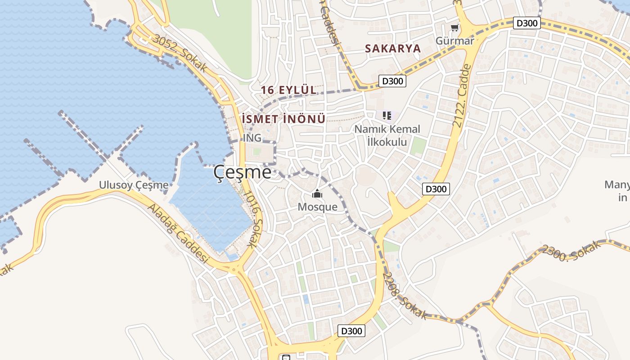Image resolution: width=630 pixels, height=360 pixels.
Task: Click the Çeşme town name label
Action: [x=242, y=172]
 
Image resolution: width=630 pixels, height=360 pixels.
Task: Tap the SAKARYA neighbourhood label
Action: [x=392, y=49]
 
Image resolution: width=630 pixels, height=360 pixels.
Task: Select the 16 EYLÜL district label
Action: [x=288, y=90]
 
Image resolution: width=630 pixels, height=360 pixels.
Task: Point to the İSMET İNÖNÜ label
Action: [x=283, y=119]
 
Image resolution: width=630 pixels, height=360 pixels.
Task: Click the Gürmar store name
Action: [x=454, y=41]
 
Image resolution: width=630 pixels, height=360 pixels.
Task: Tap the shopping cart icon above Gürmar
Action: [x=454, y=28]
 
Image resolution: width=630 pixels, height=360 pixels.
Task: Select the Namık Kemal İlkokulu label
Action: [x=387, y=135]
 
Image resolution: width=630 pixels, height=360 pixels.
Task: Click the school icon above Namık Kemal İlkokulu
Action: [x=387, y=116]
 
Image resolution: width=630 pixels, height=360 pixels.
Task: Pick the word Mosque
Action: [x=317, y=207]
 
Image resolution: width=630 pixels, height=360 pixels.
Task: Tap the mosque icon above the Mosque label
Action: [x=317, y=194]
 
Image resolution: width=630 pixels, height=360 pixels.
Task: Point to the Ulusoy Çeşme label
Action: [x=134, y=185]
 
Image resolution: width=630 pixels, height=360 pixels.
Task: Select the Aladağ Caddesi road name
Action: [x=178, y=234]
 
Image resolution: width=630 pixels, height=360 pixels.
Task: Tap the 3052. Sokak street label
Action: [x=180, y=53]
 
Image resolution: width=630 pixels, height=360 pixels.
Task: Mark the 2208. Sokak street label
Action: [x=405, y=296]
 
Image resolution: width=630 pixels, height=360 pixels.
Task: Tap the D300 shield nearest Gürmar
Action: [x=526, y=23]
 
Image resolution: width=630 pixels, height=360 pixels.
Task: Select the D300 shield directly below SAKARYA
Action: [x=392, y=81]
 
